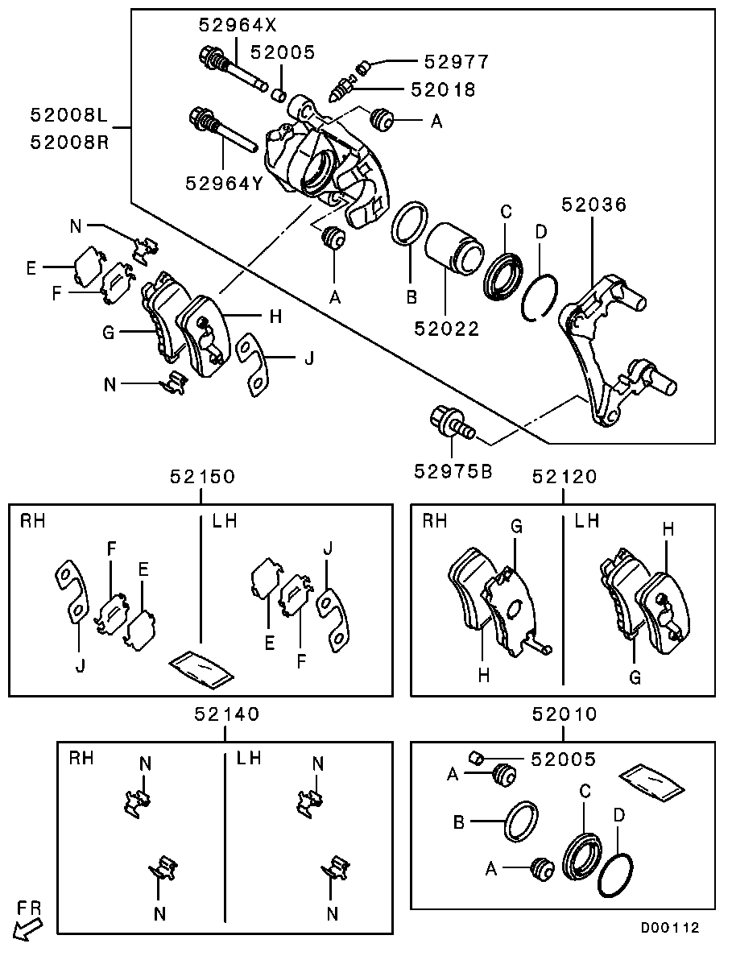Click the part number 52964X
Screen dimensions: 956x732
(x=230, y=25)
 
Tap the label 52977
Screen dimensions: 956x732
(x=456, y=61)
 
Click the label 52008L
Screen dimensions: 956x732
(x=68, y=115)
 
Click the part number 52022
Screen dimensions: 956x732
(x=447, y=328)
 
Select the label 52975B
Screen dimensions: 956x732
(x=454, y=470)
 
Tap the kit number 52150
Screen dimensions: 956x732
(x=202, y=477)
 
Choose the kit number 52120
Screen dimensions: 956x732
(x=565, y=477)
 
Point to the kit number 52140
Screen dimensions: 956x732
(x=226, y=714)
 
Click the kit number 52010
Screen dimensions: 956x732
(x=565, y=714)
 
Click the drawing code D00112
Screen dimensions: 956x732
(x=669, y=928)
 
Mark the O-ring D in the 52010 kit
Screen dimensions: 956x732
(x=616, y=876)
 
